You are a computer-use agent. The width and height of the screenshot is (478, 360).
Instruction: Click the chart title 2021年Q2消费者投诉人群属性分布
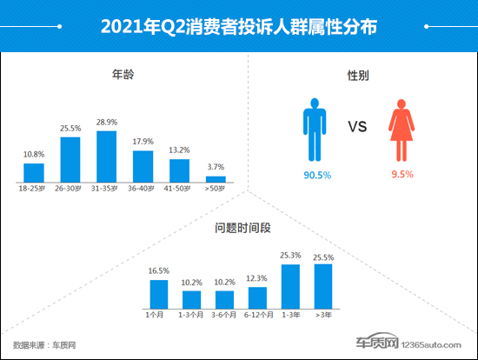coord(239,27)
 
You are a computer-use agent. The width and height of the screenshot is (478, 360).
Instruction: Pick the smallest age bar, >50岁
coord(215,178)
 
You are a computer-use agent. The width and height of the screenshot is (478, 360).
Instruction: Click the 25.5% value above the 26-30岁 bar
coord(70,128)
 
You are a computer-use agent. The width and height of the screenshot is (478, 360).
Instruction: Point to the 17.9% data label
coord(143,142)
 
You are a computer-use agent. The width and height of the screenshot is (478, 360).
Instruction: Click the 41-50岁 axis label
coord(179,187)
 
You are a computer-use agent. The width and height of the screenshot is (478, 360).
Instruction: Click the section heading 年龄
coord(113,75)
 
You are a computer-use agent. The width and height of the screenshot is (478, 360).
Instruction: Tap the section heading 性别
coord(357,76)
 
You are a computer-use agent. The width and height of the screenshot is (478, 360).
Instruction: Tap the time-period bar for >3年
coord(322,286)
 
